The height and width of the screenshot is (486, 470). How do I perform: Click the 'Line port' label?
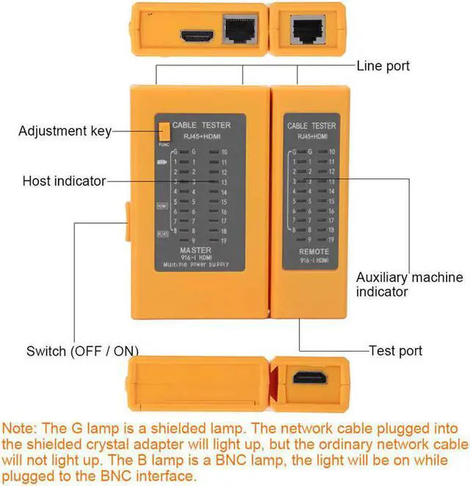click(x=383, y=66)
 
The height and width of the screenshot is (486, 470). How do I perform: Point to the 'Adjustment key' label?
click(x=65, y=131)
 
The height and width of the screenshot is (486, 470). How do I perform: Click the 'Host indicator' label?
click(x=64, y=181)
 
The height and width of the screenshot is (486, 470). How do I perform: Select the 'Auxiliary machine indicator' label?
click(x=409, y=284)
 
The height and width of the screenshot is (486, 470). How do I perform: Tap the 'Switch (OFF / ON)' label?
click(x=82, y=350)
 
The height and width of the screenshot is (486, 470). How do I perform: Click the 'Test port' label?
click(x=395, y=351)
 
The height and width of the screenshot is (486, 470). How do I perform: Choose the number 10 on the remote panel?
click(x=332, y=151)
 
